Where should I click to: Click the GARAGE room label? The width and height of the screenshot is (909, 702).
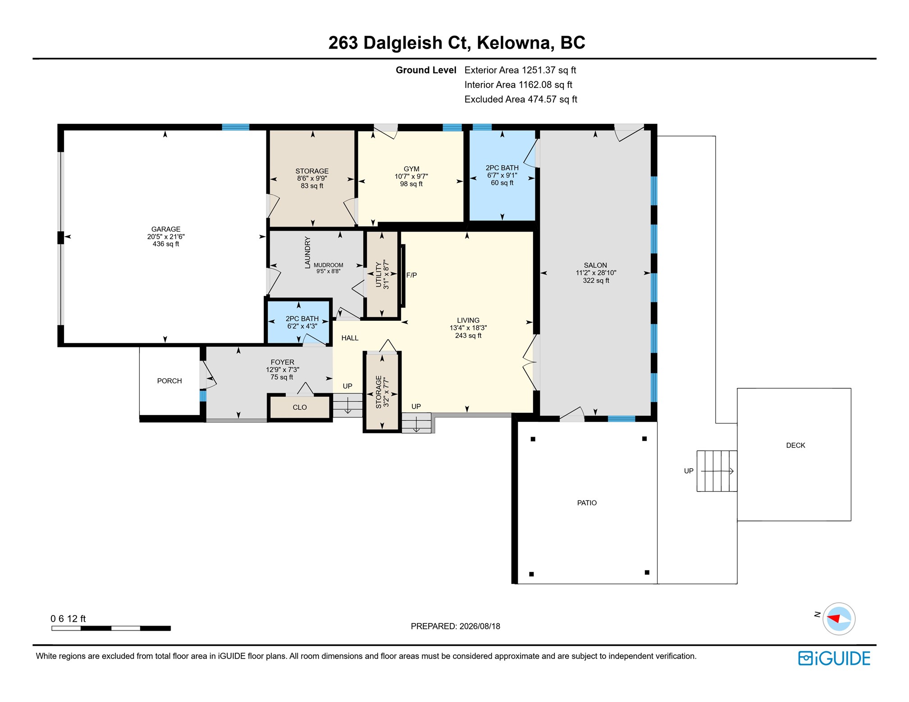pos(166,229)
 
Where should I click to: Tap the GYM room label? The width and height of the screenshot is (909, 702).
pos(411,169)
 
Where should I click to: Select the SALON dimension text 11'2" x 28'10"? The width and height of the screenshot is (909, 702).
pos(596,273)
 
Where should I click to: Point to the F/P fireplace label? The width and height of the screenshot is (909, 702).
pos(411,275)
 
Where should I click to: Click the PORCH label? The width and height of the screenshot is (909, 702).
pos(169,381)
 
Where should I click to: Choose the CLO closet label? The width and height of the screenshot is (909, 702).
pos(300,407)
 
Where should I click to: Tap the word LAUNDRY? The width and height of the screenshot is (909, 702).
pos(308,252)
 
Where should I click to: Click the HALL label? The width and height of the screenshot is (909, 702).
pos(350,338)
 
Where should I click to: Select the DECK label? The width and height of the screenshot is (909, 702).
pos(795,445)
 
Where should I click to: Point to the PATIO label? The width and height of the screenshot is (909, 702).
pos(587,503)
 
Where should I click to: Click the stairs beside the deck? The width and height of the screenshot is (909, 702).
pos(717,471)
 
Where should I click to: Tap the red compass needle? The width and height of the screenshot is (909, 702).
pos(834,618)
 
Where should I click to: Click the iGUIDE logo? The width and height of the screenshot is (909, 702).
pos(834,658)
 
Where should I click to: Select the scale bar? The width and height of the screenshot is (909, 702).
pos(111,628)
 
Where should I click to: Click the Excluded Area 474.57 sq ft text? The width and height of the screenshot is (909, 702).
pos(521,99)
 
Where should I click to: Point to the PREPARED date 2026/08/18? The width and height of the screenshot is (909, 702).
pos(480,626)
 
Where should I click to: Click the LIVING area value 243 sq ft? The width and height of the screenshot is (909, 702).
pos(468,336)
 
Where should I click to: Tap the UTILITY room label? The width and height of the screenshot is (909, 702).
pos(379,275)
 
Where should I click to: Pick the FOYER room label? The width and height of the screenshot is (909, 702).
pos(283,362)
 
